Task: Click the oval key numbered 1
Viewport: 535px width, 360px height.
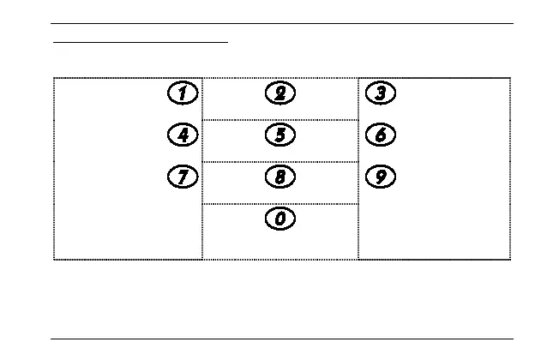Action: pos(182,93)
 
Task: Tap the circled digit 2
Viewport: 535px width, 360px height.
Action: pos(280,93)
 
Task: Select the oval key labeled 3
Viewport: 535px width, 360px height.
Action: pos(380,93)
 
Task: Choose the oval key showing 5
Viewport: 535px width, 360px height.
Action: pos(280,135)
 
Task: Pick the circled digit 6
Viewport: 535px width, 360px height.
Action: pos(380,135)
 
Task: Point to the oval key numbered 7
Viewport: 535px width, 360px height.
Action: pos(182,177)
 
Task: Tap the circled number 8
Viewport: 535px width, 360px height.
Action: pos(280,177)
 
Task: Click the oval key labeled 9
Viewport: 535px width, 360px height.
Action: pos(380,177)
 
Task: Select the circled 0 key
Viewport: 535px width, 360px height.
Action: pos(280,219)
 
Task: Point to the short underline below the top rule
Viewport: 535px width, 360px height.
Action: pos(141,41)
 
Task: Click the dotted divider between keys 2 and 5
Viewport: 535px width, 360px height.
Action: pos(280,120)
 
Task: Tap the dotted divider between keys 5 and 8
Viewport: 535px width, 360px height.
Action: pos(280,162)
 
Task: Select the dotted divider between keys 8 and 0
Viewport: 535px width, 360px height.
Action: pos(280,204)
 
